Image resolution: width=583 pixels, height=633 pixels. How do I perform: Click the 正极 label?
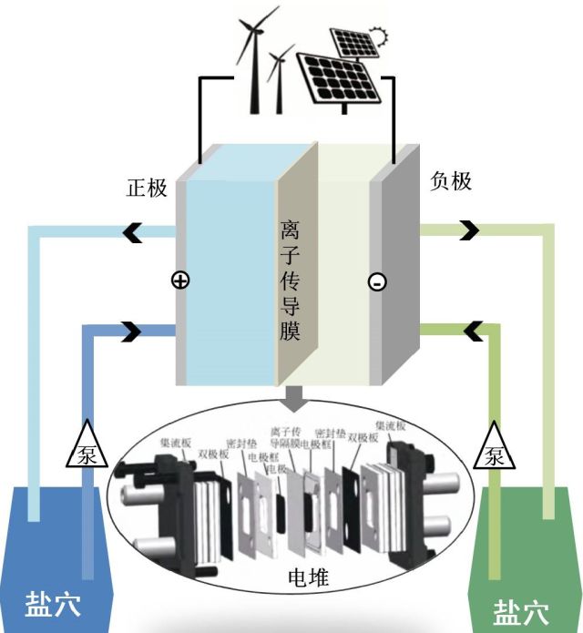(x=147, y=188)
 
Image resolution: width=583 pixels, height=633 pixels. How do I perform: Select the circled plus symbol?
(x=180, y=281)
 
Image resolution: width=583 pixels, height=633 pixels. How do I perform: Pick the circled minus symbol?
(x=376, y=283)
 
